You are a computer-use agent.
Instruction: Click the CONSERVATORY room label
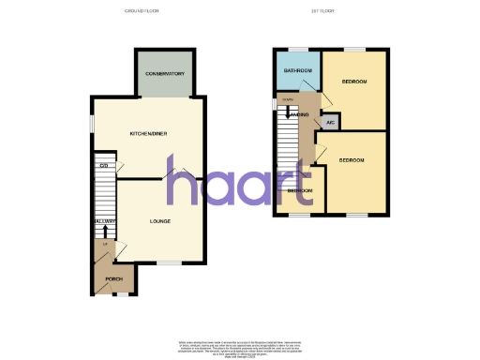[x=164, y=74]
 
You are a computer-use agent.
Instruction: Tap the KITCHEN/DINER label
[x=147, y=135]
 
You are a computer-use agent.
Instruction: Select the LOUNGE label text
[x=161, y=221]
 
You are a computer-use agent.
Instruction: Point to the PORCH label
[x=113, y=279]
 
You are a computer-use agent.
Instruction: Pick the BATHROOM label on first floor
[x=298, y=70]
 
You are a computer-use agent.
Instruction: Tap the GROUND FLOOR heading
[x=143, y=11]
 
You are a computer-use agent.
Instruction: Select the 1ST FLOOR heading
[x=323, y=11]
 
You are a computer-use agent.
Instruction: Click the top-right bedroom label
[x=353, y=82]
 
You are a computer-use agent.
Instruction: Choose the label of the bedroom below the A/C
[x=351, y=160]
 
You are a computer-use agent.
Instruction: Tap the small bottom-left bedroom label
[x=300, y=190]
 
